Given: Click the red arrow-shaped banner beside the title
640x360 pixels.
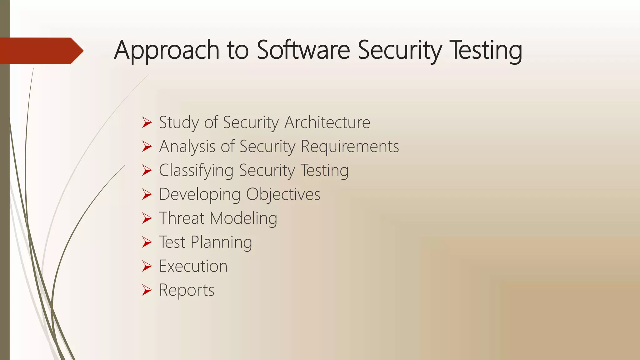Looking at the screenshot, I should point(41,51).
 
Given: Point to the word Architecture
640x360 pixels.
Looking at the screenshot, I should point(327,122).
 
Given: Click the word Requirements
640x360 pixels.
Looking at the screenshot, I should point(350,146).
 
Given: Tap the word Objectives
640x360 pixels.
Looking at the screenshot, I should point(283,194).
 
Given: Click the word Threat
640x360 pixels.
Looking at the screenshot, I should point(182,218).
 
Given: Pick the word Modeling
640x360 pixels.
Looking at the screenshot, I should point(243,218).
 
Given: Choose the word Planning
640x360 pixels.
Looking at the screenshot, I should point(221,242).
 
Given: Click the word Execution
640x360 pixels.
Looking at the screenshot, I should point(193,266).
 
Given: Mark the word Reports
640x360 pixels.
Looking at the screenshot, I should point(187,290).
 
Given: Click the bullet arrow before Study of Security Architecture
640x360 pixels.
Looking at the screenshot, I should point(147,122).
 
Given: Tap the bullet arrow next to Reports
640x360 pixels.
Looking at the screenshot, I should point(147,290).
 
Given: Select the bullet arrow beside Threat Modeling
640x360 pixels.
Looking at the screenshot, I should point(147,218).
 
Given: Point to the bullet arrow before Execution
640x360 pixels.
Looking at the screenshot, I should point(147,266).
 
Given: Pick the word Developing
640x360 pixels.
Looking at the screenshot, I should point(200,194).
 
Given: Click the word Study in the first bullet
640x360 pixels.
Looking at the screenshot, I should point(179,122).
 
